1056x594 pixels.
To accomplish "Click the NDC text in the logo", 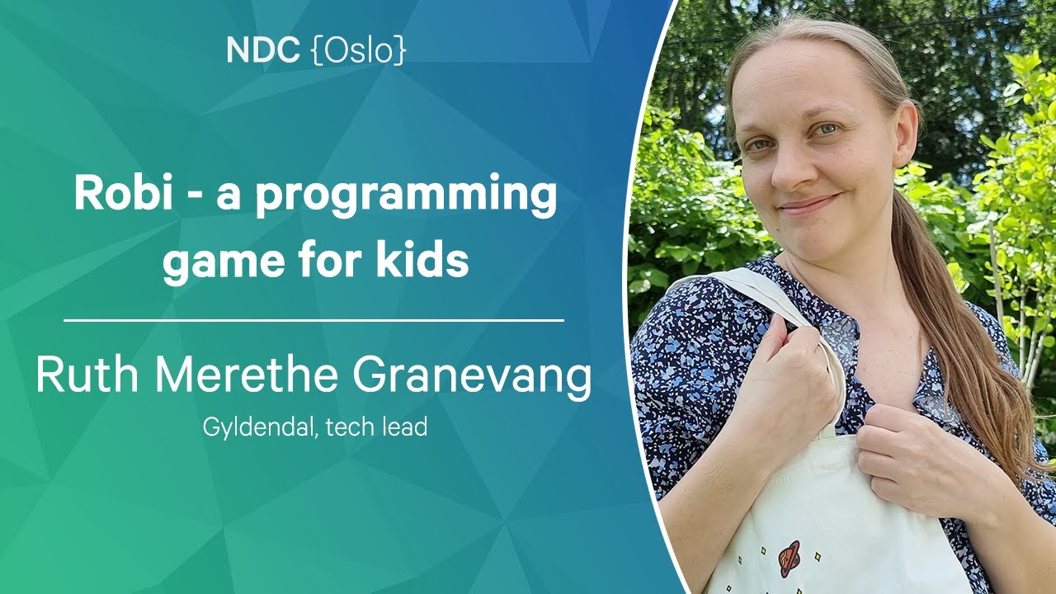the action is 263,50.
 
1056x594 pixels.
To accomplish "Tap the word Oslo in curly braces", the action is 359,50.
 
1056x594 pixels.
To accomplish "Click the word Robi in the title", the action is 123,194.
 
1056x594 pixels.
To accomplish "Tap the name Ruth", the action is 87,375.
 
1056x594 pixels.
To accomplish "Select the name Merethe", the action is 247,375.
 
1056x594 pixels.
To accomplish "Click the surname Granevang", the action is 473,377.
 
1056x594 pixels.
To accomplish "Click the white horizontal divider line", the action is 314,321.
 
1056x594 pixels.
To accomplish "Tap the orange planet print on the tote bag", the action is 790,559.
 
